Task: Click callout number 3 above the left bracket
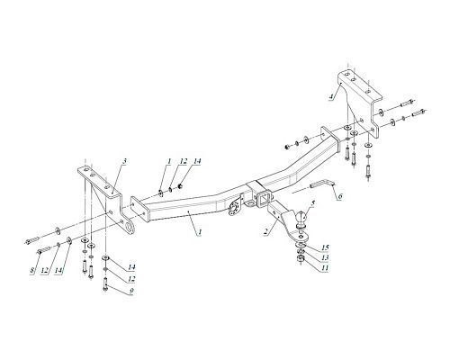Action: coord(124,161)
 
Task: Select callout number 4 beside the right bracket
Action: coord(331,96)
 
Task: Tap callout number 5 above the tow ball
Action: coord(313,203)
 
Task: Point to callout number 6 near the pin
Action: coord(339,196)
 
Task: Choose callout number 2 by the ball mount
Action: coord(265,231)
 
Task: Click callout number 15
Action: coord(325,247)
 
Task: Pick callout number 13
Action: coord(325,257)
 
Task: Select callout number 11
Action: coord(325,267)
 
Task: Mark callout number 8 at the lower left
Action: coord(32,270)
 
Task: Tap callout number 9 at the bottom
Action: coord(131,291)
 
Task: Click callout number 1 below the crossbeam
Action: coord(200,232)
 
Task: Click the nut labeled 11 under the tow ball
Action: coord(300,260)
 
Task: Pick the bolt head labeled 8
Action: coord(40,252)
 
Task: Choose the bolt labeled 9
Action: coord(105,284)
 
